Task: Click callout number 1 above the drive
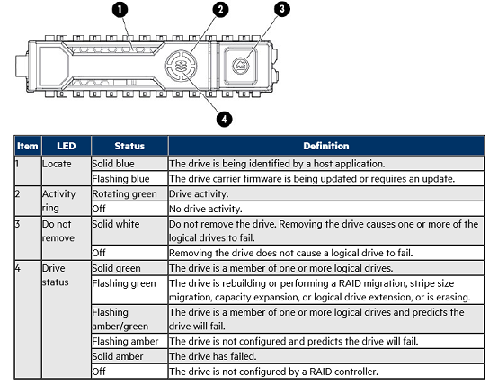tap(120, 10)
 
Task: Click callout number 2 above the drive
tap(220, 10)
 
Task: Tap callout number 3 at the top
tap(282, 9)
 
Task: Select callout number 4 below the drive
tap(224, 119)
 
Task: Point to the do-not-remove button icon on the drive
tap(241, 67)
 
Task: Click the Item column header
tap(28, 146)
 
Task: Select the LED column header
tap(67, 146)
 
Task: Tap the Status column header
tap(129, 146)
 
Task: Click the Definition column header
tap(326, 146)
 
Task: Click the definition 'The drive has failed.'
tap(213, 356)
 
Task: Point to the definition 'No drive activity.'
tap(206, 209)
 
